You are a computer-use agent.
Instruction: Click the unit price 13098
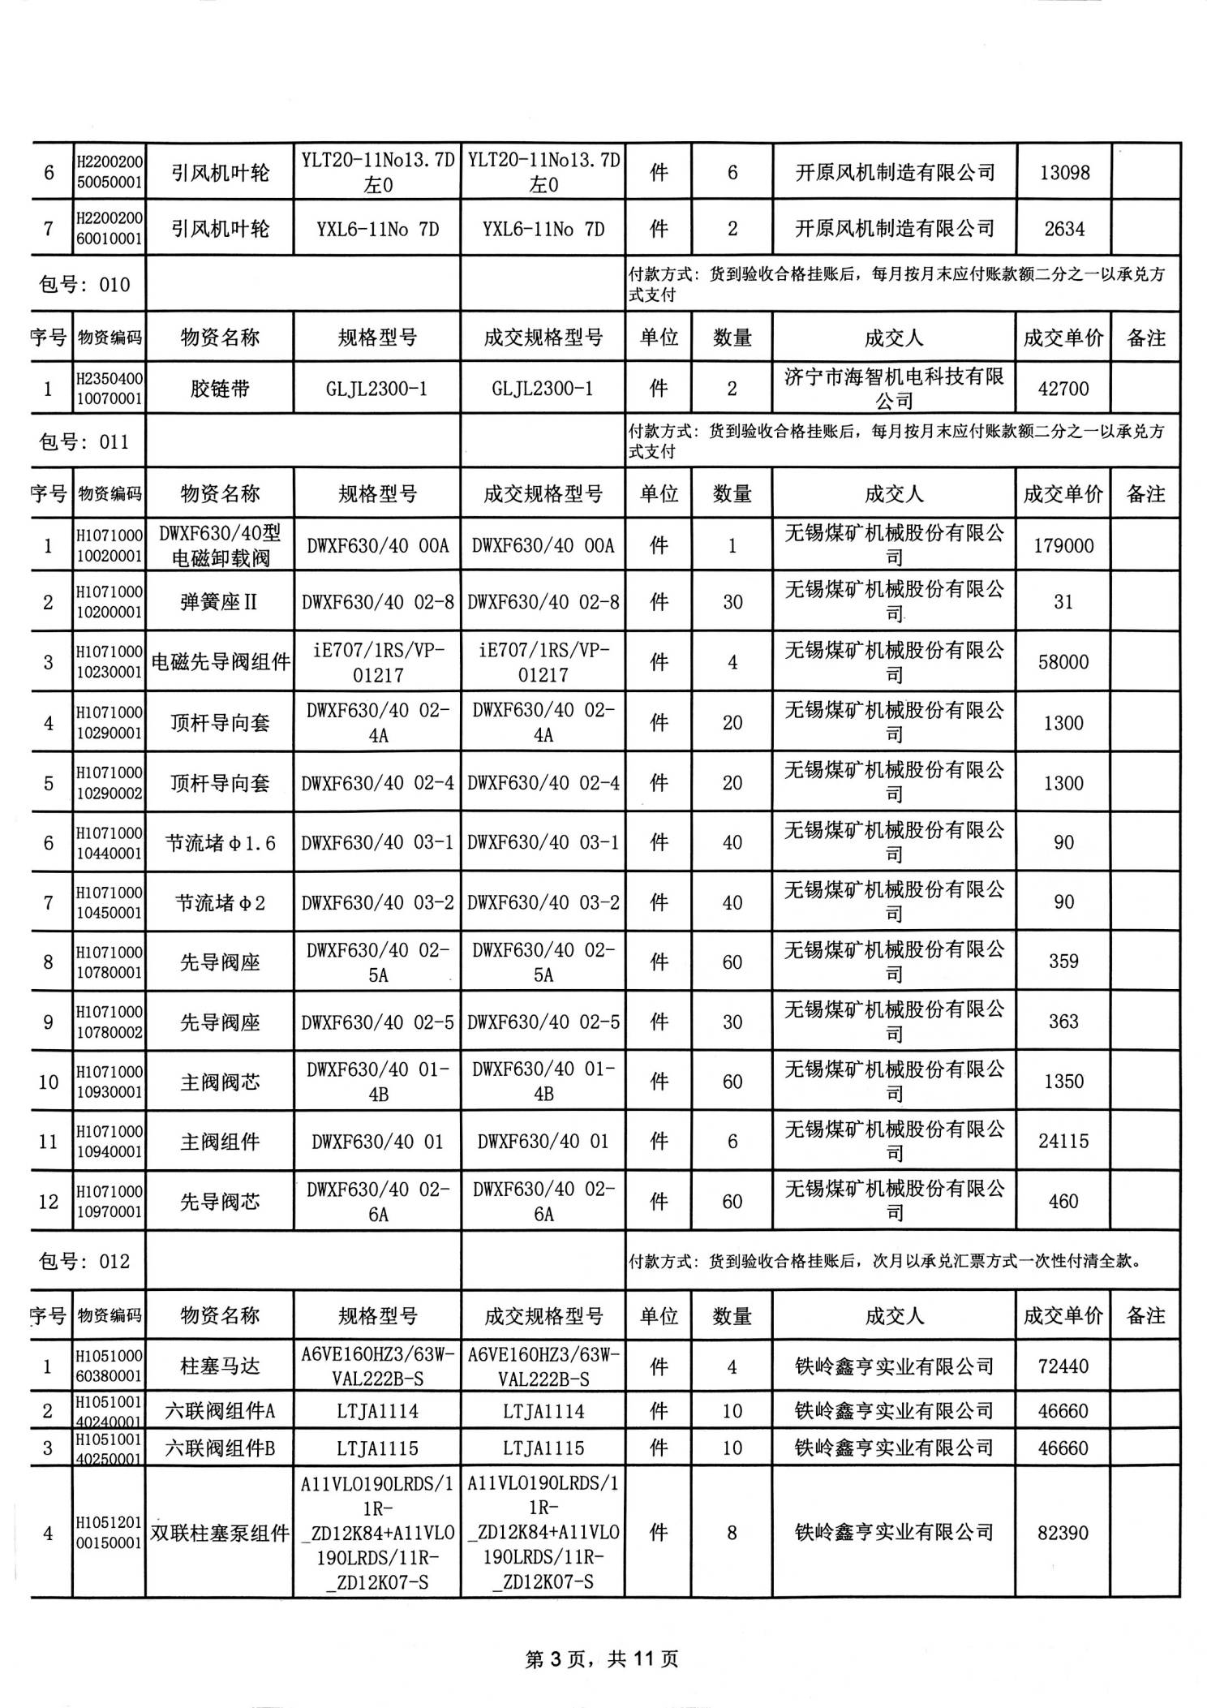[1063, 173]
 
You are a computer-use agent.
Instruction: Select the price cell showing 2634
[1063, 229]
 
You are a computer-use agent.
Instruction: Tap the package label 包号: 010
[84, 285]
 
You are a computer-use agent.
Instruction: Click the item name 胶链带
[220, 389]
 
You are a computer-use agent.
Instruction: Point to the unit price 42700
[1063, 389]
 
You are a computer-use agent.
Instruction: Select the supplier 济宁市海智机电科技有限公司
[894, 389]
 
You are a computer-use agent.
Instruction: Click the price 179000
[1063, 546]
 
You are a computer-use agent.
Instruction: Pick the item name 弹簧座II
[219, 602]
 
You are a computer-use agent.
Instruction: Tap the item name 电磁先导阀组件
[220, 662]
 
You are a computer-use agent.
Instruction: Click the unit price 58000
[1063, 662]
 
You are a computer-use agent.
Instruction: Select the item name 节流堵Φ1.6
[220, 844]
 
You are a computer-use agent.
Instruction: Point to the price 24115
[1063, 1142]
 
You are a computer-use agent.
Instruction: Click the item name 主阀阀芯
[220, 1082]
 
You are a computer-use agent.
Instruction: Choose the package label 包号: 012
[84, 1262]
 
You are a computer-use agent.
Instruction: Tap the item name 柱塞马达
[220, 1366]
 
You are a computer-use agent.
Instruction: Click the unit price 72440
[1063, 1366]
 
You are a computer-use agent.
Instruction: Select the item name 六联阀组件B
[220, 1448]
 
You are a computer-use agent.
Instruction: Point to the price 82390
[1063, 1533]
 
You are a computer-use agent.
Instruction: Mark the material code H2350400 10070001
[109, 389]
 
